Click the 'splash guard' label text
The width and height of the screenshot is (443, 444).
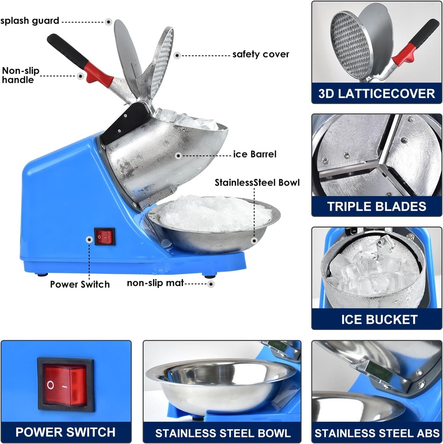29,21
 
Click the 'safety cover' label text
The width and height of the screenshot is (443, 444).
261,55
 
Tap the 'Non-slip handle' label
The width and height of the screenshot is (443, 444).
21,75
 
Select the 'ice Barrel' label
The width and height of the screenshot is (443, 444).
254,154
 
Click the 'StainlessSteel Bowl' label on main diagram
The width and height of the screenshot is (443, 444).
257,183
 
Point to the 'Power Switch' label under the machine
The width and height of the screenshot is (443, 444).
80,284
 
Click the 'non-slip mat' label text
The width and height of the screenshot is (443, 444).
155,284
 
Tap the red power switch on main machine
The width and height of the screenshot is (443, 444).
104,237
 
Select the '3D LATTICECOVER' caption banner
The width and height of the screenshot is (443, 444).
376,93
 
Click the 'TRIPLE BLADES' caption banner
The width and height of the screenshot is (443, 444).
376,206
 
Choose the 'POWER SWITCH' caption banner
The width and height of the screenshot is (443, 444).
65,432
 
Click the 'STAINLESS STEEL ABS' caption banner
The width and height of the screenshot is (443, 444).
377,433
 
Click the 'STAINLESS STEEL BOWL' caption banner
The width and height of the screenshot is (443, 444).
223,433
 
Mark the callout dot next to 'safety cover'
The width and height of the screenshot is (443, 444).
177,55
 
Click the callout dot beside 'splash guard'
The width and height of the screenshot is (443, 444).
108,21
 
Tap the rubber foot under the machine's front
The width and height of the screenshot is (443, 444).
209,275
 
